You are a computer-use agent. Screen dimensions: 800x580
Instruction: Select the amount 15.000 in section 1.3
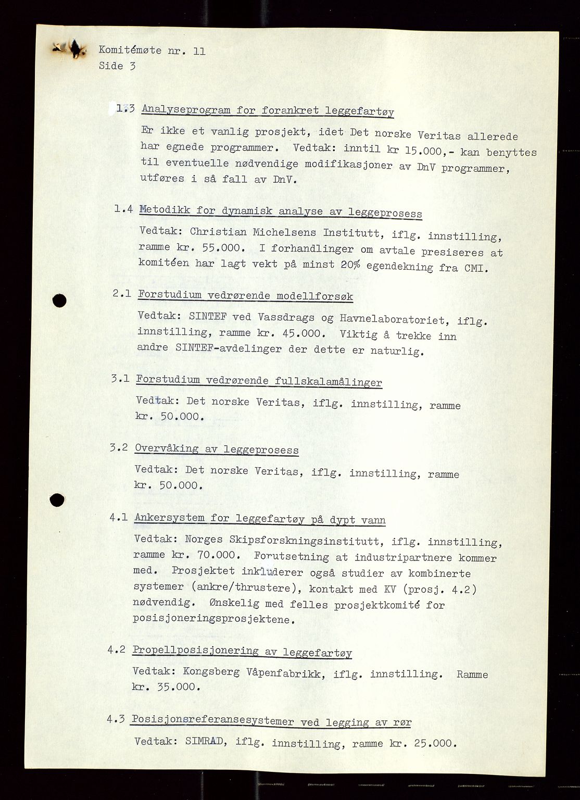coord(420,151)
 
